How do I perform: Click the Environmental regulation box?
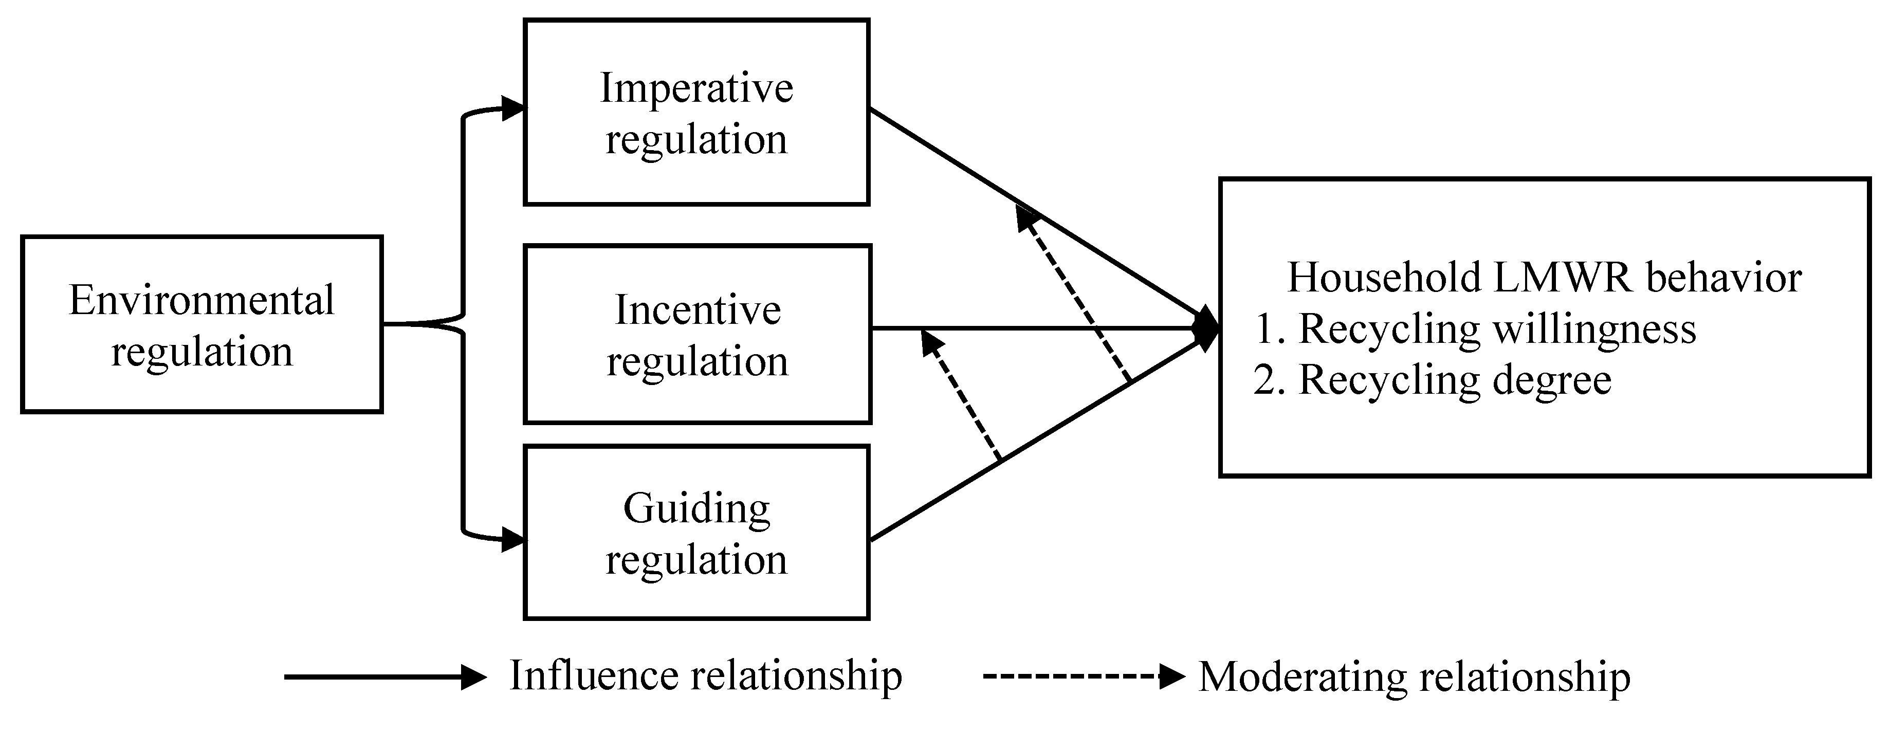[x=201, y=325]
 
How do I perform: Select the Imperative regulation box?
[x=696, y=112]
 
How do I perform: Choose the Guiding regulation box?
[x=696, y=533]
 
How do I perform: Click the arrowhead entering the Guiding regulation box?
[x=513, y=541]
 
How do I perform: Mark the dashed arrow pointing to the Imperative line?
[x=1074, y=294]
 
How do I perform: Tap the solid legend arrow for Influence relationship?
[x=385, y=677]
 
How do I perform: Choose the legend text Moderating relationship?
[x=1414, y=677]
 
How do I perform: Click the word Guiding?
[x=696, y=507]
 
